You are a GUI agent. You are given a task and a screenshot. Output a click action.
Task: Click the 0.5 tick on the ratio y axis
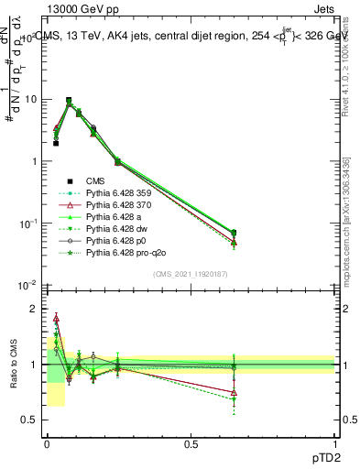(x=30, y=420)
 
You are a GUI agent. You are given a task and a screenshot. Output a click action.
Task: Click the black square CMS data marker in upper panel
(x=56, y=143)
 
